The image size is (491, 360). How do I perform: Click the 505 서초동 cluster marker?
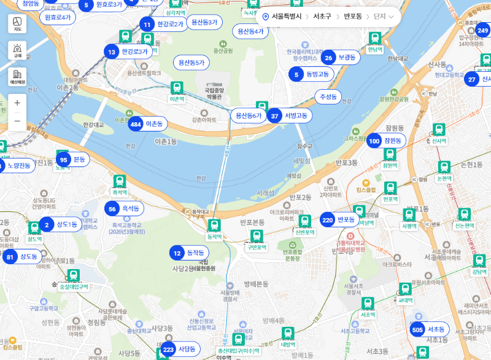click(x=429, y=330)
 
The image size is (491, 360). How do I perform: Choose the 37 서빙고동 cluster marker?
click(x=289, y=115)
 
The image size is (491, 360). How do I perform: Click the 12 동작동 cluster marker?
click(x=188, y=252)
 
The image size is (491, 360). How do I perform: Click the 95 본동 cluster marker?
click(x=72, y=160)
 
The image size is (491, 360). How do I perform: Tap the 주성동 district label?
click(x=328, y=97)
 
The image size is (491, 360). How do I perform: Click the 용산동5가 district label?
click(x=191, y=63)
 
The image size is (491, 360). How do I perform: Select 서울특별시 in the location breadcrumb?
click(x=286, y=17)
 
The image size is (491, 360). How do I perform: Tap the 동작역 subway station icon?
click(x=214, y=226)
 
